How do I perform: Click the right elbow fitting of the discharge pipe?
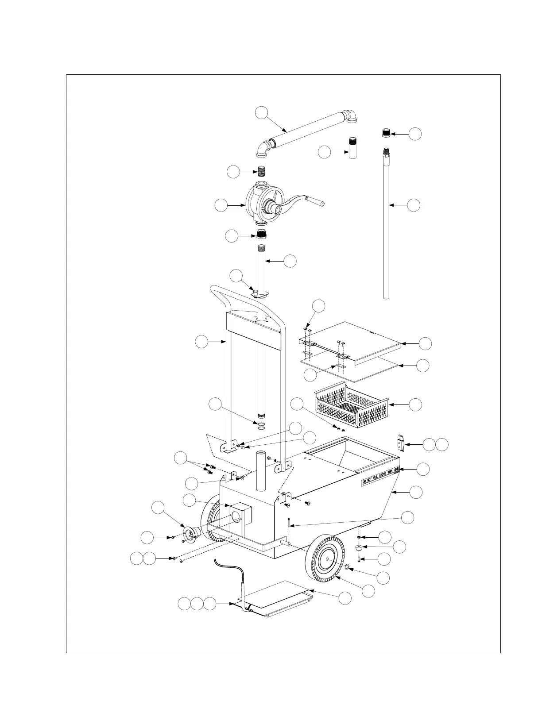(x=353, y=116)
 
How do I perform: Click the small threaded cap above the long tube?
(x=387, y=132)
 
